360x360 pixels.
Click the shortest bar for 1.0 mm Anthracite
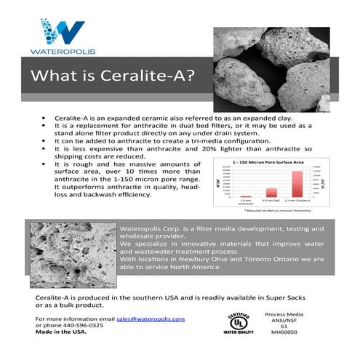coord(246,196)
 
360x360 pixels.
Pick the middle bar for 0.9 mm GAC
coord(271,193)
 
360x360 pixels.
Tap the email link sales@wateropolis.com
coord(156,319)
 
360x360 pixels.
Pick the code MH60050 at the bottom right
coord(304,333)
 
